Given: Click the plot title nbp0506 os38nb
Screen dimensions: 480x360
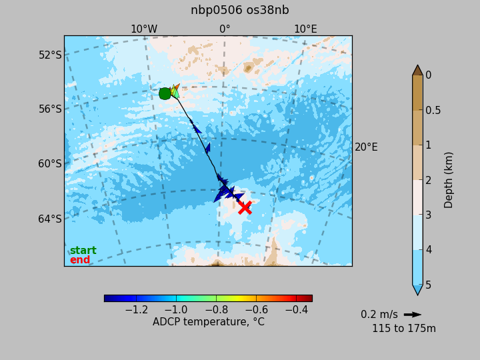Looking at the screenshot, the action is click(240, 10).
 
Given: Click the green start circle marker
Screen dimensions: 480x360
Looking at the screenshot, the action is click(165, 94).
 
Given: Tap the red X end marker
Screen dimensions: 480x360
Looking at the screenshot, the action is click(245, 207).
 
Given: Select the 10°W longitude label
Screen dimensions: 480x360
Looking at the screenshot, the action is click(144, 29).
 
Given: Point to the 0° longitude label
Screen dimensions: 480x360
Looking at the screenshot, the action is click(225, 29).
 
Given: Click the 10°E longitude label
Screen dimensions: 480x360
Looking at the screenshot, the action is click(305, 29).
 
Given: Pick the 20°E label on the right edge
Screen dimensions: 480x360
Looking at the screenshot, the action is click(366, 147).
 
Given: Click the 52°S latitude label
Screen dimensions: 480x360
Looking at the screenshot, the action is click(50, 55).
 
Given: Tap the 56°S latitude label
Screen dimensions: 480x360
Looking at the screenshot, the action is click(50, 109).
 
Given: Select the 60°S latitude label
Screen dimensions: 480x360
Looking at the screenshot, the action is click(50, 164).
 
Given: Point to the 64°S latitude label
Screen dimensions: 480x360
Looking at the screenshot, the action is click(50, 219).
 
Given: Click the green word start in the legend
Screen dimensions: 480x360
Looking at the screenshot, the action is click(83, 251).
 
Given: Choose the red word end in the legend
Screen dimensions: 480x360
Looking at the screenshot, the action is click(80, 259).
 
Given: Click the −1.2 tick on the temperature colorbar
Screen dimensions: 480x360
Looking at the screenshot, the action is click(137, 310).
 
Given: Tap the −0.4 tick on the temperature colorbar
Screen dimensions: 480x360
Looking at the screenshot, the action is click(296, 310).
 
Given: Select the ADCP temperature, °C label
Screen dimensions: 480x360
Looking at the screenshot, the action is click(209, 322).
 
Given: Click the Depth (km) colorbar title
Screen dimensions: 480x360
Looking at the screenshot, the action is click(448, 180).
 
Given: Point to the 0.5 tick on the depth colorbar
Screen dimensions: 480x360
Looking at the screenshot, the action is click(433, 110).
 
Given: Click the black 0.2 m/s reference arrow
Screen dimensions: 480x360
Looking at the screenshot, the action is click(413, 315).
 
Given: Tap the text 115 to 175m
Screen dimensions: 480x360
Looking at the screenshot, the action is click(404, 329).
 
